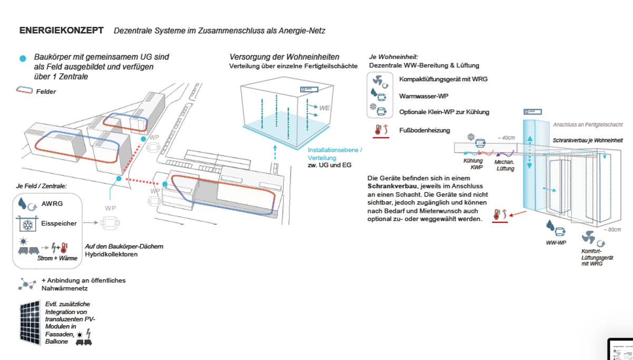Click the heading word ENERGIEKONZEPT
[61, 31]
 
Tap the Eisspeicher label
[59, 223]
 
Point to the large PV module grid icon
[31, 321]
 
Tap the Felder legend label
[46, 91]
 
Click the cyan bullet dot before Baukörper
[22, 58]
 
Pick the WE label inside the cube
[324, 108]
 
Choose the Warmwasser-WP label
[421, 96]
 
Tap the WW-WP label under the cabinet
[556, 243]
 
